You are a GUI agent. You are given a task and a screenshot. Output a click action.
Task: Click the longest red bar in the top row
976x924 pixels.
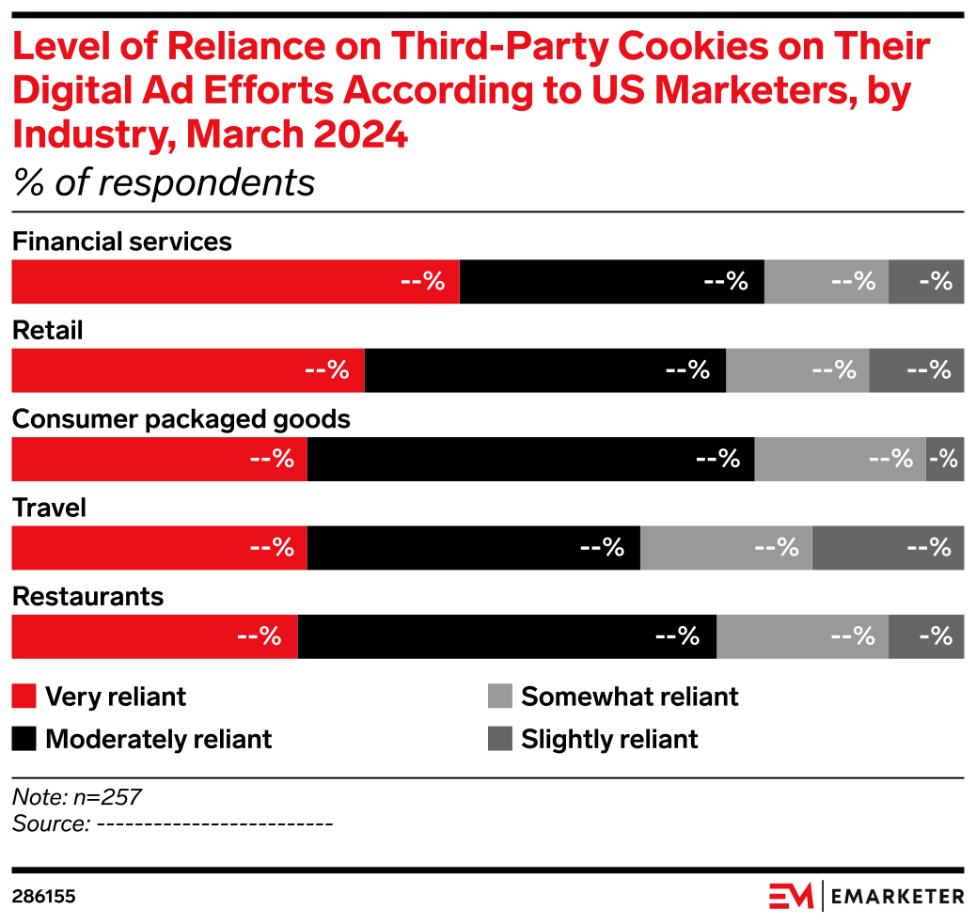click(x=235, y=282)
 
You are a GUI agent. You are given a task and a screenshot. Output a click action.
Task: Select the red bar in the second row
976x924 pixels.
click(x=187, y=370)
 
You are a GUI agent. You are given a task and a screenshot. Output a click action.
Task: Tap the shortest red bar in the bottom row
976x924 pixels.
click(x=154, y=636)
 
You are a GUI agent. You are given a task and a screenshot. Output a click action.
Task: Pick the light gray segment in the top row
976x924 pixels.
click(x=826, y=282)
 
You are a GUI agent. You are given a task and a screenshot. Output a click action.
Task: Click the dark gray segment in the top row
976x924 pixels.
click(x=926, y=282)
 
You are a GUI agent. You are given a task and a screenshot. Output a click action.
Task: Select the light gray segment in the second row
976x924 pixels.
click(x=796, y=370)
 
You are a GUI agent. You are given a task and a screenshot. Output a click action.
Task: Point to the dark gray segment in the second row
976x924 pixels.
click(x=917, y=370)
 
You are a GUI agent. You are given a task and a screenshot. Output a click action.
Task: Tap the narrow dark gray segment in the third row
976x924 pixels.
click(x=945, y=459)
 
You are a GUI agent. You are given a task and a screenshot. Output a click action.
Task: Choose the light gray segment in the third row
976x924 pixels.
click(x=840, y=459)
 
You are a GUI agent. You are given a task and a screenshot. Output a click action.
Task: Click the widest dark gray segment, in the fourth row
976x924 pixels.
click(x=888, y=548)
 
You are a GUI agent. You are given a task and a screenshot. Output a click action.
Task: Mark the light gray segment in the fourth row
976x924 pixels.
click(x=725, y=548)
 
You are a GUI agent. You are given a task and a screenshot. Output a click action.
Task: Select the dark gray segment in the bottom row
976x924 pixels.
click(x=926, y=636)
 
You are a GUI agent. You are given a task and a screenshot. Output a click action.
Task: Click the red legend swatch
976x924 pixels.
click(x=24, y=696)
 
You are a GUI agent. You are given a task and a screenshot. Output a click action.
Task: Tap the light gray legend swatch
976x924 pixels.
click(x=500, y=696)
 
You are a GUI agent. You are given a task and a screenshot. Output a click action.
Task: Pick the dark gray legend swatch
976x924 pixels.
click(x=500, y=739)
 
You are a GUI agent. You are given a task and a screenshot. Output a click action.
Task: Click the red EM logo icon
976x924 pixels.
click(x=790, y=896)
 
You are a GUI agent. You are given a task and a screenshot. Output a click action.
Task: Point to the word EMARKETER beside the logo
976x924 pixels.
click(x=898, y=897)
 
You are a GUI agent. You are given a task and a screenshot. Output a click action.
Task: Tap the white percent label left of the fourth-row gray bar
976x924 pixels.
click(x=603, y=547)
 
